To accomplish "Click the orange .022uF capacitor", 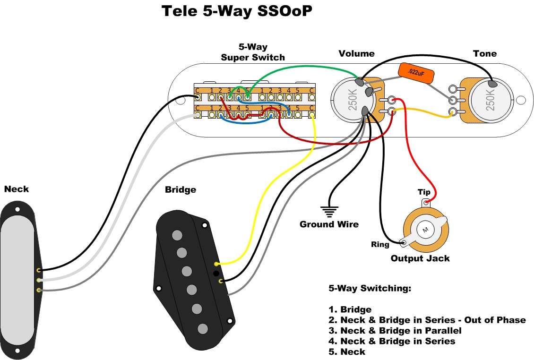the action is [x=416, y=73].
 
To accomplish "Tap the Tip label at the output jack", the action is [x=424, y=192].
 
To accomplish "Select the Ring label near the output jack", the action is [x=380, y=244].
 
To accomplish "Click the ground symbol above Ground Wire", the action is [x=329, y=212].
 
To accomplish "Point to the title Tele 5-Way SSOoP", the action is [x=237, y=11].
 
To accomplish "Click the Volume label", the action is [x=357, y=53].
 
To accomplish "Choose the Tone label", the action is [x=485, y=53].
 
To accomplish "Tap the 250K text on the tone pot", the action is [x=490, y=100].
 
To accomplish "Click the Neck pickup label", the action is [x=17, y=189].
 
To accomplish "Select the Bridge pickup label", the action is [x=181, y=190].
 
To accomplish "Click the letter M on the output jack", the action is [x=425, y=230].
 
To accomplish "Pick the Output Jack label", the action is [x=420, y=258].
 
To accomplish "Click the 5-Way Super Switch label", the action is [x=253, y=52].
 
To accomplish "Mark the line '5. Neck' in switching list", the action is [x=347, y=351].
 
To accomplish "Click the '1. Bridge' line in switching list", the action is [x=350, y=309].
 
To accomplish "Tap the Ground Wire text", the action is [x=329, y=224].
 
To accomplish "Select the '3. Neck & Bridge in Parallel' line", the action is [x=395, y=331].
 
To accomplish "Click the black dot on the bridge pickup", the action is [x=216, y=273].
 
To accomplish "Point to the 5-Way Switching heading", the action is [x=370, y=289].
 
